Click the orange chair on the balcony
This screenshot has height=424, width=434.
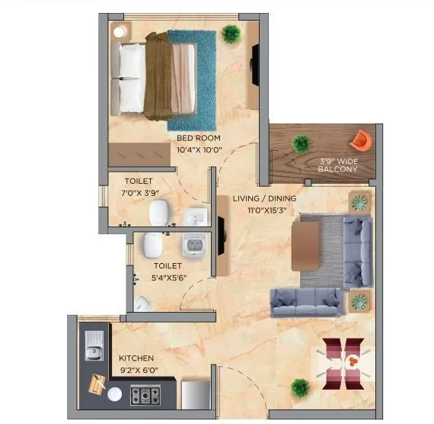[x=359, y=140]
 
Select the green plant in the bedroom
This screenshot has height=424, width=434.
[x=231, y=33]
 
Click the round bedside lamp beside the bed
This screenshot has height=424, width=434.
[x=120, y=31]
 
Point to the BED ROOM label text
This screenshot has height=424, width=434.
[x=199, y=138]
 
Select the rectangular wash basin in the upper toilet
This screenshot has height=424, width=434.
[x=196, y=217]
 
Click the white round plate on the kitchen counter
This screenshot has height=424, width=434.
[x=115, y=394]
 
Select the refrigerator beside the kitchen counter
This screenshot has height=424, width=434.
[x=194, y=395]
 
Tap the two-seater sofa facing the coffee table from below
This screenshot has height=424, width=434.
[x=305, y=303]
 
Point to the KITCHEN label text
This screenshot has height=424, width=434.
[x=136, y=358]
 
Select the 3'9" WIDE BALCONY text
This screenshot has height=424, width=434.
[x=338, y=164]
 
